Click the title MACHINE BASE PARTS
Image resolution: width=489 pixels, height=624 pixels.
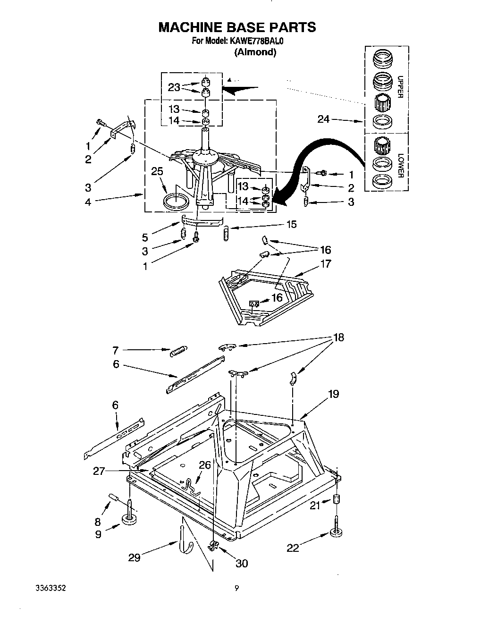(x=237, y=27)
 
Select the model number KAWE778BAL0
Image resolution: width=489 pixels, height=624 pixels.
(x=257, y=41)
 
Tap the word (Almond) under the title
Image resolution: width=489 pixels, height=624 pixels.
(x=255, y=52)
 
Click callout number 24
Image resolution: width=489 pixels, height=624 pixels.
(x=323, y=119)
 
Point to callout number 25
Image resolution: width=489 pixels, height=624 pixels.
(x=157, y=171)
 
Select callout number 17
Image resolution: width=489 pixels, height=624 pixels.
(x=326, y=263)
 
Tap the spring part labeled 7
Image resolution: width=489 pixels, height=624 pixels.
(x=177, y=351)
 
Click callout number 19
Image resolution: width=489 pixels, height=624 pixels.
(x=333, y=394)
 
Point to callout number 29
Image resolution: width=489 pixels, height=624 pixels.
(x=135, y=558)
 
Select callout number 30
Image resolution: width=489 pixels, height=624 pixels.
(x=241, y=563)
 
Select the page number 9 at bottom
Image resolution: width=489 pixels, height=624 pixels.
(x=237, y=588)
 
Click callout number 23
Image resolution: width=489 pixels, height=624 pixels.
(x=174, y=87)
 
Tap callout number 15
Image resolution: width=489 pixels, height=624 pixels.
(x=291, y=225)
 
